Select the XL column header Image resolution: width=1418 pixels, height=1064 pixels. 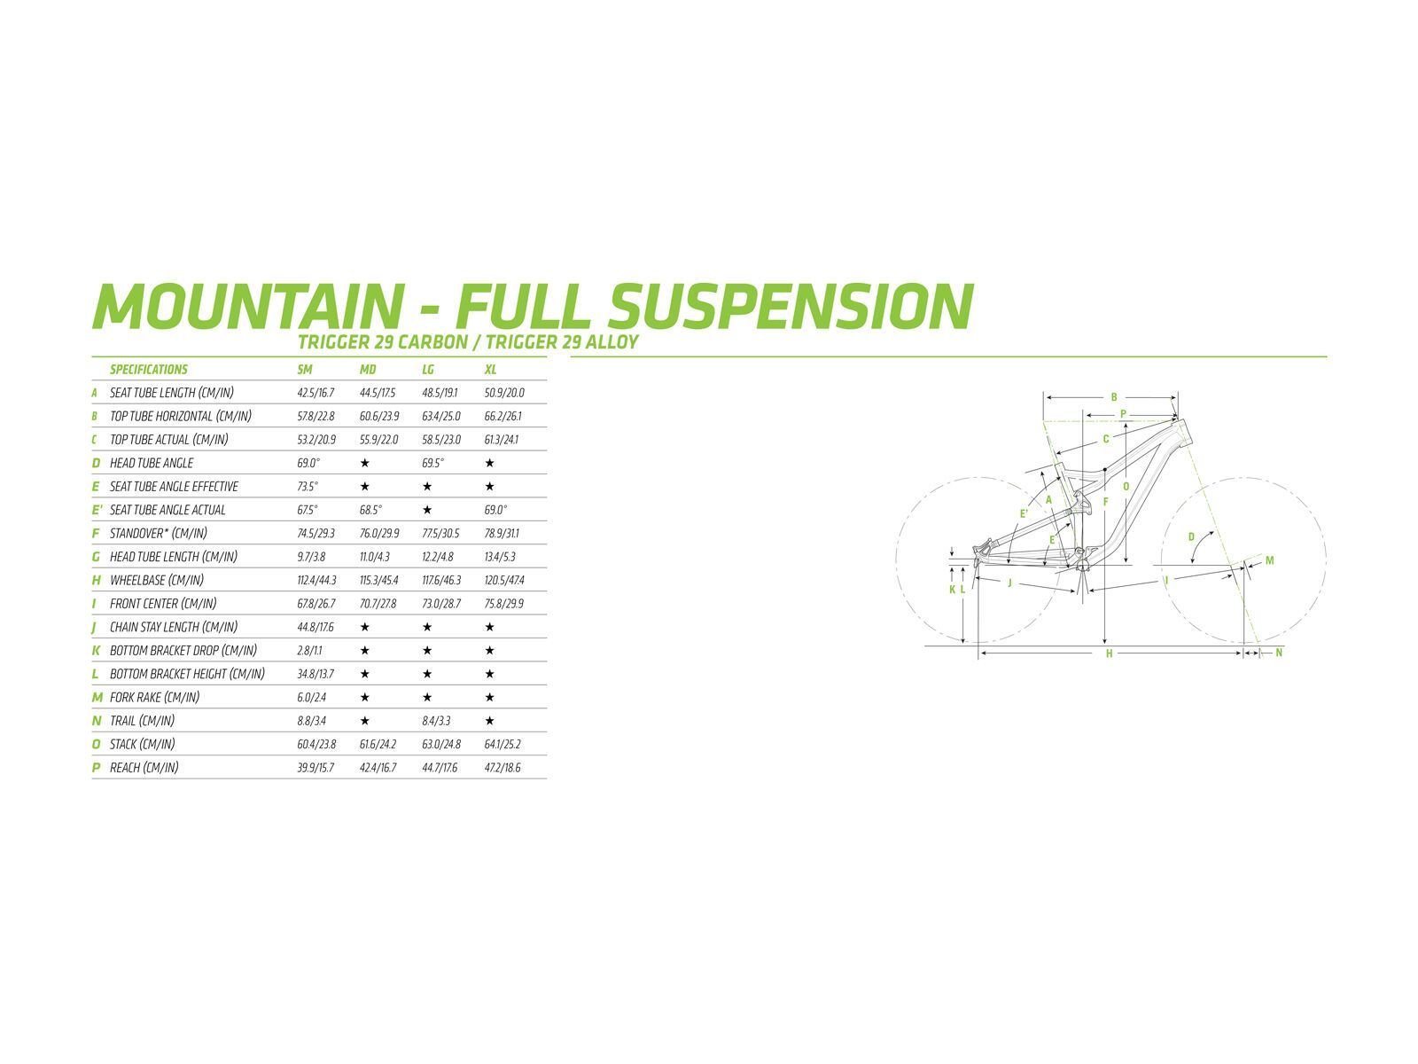click(x=490, y=370)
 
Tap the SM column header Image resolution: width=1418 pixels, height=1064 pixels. click(x=305, y=370)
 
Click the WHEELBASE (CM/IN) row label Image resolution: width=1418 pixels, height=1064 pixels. click(x=156, y=580)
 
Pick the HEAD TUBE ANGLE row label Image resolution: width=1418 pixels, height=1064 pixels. click(x=151, y=463)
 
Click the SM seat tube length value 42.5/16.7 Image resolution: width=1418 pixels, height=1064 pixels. click(x=316, y=393)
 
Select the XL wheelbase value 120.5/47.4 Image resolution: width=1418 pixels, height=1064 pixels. click(x=503, y=580)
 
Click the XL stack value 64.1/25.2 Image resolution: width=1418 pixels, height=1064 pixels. click(x=503, y=744)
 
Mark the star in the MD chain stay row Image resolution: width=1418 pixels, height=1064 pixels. click(x=364, y=627)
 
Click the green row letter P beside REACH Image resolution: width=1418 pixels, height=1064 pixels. click(x=96, y=768)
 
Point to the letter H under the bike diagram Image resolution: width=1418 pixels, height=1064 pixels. click(x=1109, y=653)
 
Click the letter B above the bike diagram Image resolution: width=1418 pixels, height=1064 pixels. click(x=1114, y=397)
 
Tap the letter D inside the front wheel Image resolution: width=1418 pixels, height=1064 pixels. click(x=1190, y=536)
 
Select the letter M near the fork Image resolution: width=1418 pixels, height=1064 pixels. click(x=1269, y=560)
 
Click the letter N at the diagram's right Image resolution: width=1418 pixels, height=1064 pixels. click(x=1279, y=653)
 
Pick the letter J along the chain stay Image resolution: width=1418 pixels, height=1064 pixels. click(x=1009, y=583)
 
